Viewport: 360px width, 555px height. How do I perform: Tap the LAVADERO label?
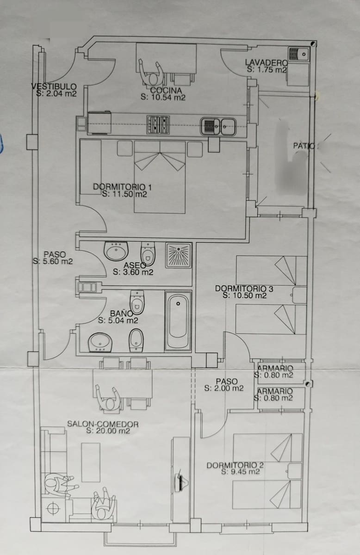(266, 63)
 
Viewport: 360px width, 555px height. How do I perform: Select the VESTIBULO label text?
(54, 86)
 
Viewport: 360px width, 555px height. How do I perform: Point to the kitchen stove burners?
(158, 125)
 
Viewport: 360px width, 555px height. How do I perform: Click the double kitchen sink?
(218, 126)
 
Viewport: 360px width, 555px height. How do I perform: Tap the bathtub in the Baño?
(178, 321)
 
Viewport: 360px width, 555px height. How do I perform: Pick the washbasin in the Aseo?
(116, 251)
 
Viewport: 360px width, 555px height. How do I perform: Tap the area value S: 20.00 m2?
(108, 431)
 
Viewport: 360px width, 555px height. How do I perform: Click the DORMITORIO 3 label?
(244, 289)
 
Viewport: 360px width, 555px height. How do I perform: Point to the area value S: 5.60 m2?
(52, 261)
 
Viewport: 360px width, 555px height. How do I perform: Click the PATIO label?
(304, 146)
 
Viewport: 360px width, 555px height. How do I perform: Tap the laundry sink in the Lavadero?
(299, 54)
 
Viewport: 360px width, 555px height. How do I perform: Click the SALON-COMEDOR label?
(103, 423)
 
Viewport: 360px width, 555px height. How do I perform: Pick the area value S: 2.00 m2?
(223, 388)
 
